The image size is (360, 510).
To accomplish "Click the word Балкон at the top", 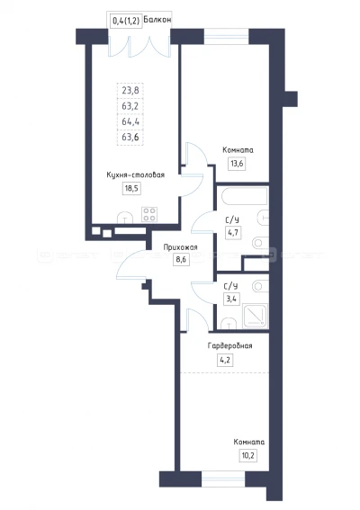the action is click(x=157, y=20).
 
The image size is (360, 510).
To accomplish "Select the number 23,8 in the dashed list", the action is click(x=130, y=91).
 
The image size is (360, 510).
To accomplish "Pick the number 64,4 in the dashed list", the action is click(x=130, y=121).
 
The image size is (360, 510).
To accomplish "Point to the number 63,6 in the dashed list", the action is click(x=130, y=138).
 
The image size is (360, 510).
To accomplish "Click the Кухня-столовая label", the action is click(x=135, y=175).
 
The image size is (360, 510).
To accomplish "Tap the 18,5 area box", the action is click(x=131, y=188).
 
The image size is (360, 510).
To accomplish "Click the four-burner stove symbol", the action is click(x=149, y=214).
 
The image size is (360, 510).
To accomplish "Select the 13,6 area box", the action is click(x=237, y=164).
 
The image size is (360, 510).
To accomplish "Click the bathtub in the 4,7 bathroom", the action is click(x=245, y=196).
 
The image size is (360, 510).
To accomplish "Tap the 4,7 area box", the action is click(x=233, y=233).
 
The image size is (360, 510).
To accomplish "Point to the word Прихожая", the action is click(x=180, y=247).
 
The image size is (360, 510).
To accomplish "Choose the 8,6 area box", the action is click(x=181, y=260).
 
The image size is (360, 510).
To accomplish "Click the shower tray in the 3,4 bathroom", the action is click(x=256, y=316).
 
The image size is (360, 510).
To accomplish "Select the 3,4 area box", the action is click(x=232, y=299).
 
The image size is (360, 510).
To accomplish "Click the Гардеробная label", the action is click(x=229, y=345).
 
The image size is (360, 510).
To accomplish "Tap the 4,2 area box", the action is click(x=225, y=360).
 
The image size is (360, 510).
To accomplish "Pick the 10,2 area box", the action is click(x=247, y=455).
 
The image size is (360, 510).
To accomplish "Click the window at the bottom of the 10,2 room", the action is click(x=223, y=479).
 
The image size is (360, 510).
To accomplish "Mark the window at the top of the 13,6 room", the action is click(x=226, y=36).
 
